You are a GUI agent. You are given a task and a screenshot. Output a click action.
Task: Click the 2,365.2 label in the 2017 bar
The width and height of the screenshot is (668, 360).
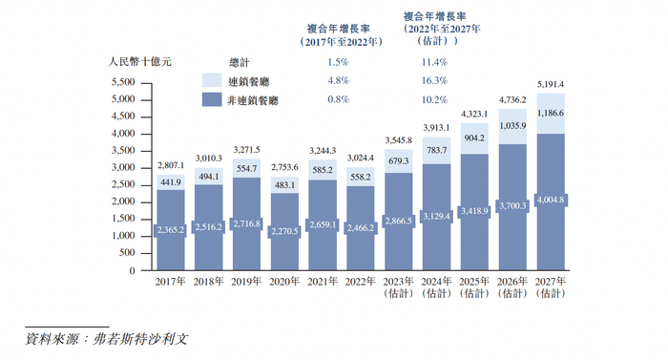click(171, 230)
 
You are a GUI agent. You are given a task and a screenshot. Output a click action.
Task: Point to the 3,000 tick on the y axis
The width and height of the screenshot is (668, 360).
click(125, 168)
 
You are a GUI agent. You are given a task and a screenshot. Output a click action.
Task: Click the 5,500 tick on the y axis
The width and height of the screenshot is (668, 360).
click(125, 82)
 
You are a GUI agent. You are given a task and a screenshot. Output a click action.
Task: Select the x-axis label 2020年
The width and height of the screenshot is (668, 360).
click(284, 284)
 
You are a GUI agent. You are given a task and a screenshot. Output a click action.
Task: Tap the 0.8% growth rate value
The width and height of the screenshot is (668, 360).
click(338, 98)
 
